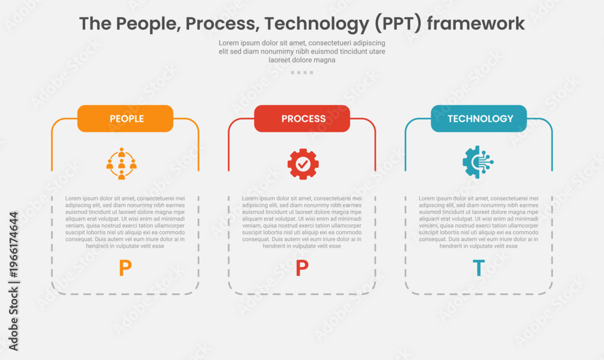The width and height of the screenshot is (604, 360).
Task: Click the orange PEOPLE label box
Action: pos(125,118)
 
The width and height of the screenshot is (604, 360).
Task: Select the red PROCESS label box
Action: pos(302,118)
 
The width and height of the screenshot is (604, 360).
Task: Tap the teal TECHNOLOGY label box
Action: pos(479,118)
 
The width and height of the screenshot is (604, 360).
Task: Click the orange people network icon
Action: pos(121,164)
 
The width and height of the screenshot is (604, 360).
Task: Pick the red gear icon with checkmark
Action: pos(303,164)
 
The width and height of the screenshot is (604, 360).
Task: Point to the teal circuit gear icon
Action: pos(478,162)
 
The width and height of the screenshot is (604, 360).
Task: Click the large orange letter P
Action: pos(125,268)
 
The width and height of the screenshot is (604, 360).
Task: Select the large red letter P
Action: pos(302,268)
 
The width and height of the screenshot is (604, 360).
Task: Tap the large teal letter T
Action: pos(478,268)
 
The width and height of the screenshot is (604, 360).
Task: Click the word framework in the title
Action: pos(476,24)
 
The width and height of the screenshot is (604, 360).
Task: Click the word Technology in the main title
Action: pos(316,24)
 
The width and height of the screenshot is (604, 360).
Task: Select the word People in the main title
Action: pos(149,24)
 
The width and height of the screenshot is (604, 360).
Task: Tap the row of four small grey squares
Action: pos(302,72)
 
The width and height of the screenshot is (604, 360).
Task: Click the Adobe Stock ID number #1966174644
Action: pos(13,245)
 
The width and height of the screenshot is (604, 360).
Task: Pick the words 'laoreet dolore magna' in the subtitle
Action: pos(302,60)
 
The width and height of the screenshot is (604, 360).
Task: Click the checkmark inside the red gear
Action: pos(303,164)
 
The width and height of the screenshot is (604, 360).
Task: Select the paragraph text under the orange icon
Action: pos(125,222)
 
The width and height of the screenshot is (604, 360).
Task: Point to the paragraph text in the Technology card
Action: pos(478,222)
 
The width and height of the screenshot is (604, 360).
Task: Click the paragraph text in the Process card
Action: pos(301,222)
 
